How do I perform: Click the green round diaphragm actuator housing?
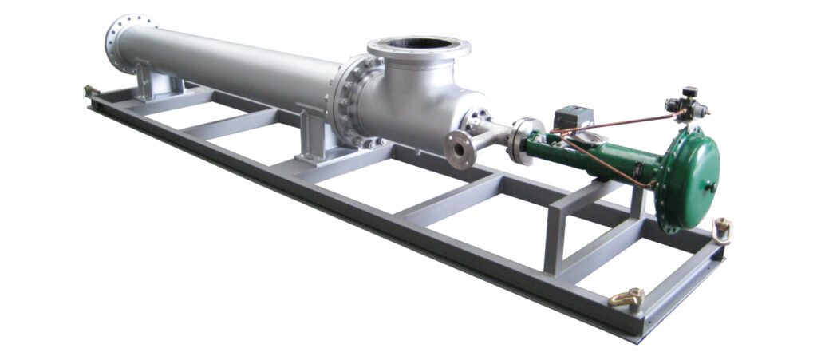pos(687,180)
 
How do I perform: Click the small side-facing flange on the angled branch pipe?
pos(459,148)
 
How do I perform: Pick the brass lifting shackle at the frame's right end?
pos(723,230)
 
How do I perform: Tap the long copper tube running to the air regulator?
pos(622,122)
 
